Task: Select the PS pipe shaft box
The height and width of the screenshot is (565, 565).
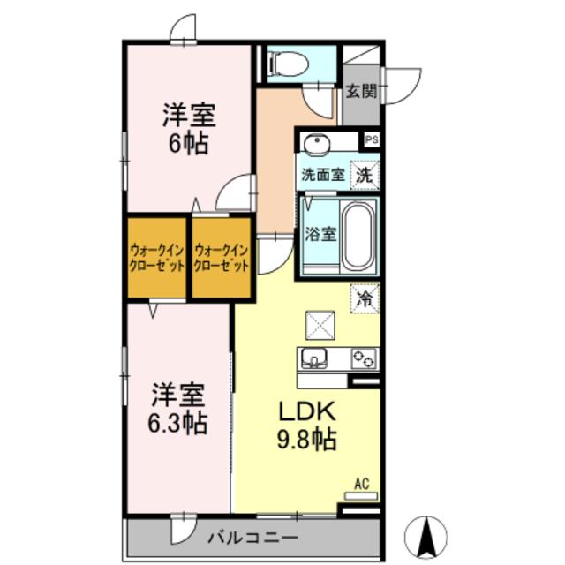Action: [x=371, y=139]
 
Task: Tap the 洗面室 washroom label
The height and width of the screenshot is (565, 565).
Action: [x=323, y=174]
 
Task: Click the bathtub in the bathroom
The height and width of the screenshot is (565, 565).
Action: [x=358, y=236]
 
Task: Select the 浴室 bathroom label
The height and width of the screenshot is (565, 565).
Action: [x=320, y=235]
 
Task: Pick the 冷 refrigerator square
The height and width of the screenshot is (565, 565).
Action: [x=365, y=298]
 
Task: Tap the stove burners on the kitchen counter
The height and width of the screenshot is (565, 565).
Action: [x=363, y=358]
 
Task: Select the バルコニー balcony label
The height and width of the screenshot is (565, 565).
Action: [x=252, y=537]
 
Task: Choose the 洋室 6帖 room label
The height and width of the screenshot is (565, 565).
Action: [x=187, y=130]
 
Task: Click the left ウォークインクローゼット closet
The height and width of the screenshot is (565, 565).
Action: [x=156, y=258]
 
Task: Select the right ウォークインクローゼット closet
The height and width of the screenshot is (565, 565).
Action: [x=222, y=258]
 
